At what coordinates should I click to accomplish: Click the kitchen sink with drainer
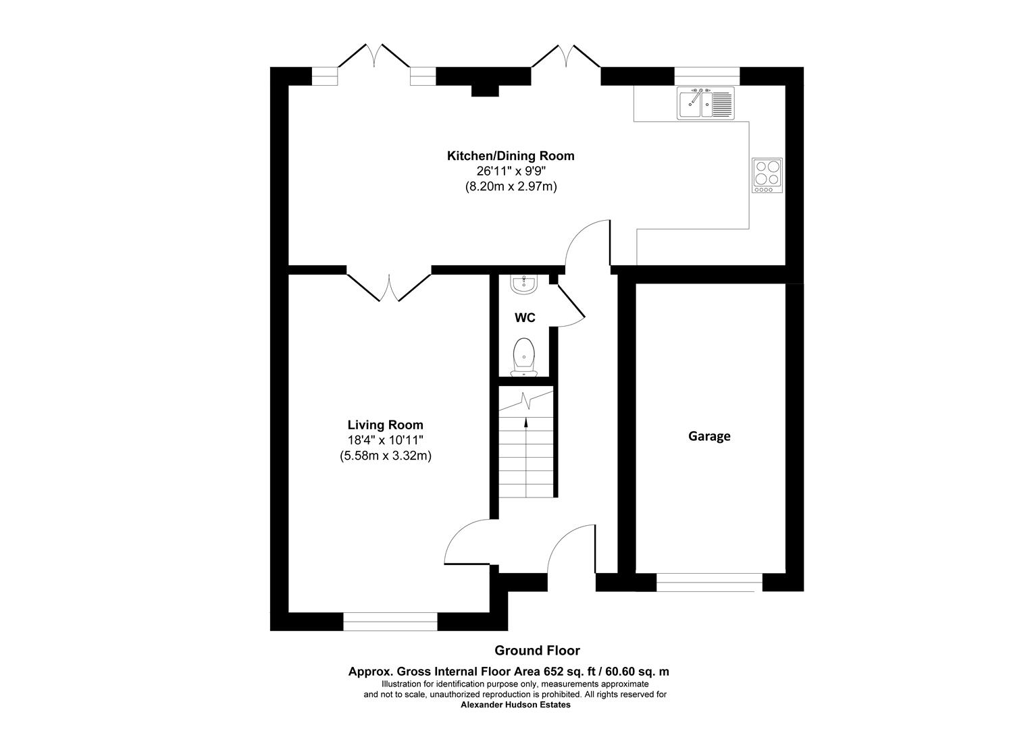point(706,103)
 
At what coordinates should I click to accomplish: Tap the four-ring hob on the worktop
point(768,175)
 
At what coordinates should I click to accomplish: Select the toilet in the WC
point(524,356)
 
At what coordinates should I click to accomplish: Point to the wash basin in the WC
point(523,285)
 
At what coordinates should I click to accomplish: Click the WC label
point(525,318)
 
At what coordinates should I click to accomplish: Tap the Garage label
point(709,436)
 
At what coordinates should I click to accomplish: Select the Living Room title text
point(385,425)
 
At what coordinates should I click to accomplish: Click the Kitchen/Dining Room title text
point(511,156)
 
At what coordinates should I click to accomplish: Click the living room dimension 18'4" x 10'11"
point(385,441)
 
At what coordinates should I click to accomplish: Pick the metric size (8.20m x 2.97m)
point(511,186)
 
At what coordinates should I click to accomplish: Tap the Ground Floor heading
point(537,651)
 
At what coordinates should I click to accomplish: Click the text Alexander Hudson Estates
point(515,705)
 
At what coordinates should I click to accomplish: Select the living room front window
point(390,621)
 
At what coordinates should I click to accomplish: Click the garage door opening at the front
point(709,582)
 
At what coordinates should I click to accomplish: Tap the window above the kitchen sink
point(706,76)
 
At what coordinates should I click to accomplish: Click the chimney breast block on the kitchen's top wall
point(484,90)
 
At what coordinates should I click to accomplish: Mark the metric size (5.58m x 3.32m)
point(385,456)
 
